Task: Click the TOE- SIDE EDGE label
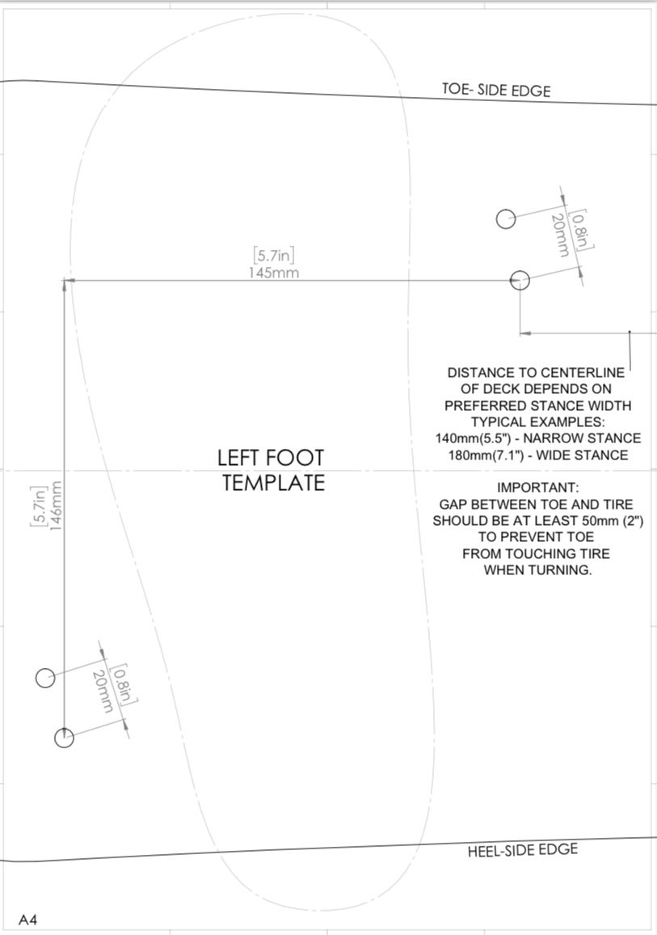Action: (x=496, y=90)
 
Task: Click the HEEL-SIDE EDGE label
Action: (x=522, y=850)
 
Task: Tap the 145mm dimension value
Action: (x=274, y=273)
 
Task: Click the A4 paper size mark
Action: (x=27, y=920)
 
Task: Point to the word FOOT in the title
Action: (x=294, y=458)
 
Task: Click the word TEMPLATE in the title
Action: (x=274, y=482)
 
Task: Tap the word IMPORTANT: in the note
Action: (x=538, y=488)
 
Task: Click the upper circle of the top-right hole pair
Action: (x=506, y=219)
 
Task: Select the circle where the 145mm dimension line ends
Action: (x=520, y=280)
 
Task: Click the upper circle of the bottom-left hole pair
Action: (x=45, y=678)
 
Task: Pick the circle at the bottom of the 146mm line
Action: (x=64, y=738)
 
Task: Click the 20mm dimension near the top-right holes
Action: (x=558, y=235)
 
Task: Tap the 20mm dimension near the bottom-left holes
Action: (x=103, y=691)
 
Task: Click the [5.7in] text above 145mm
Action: (x=274, y=256)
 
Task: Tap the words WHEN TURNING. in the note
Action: (x=538, y=570)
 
